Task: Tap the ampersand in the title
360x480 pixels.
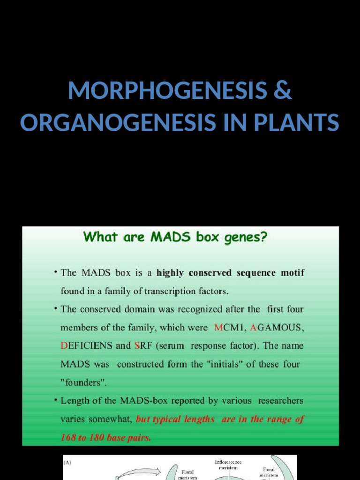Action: point(282,91)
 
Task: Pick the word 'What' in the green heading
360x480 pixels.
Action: point(99,237)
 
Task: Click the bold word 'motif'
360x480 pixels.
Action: point(291,273)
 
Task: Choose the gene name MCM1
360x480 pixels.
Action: point(229,328)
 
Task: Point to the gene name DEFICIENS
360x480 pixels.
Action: point(87,346)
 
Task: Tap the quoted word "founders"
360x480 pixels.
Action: point(84,382)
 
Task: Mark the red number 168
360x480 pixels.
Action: point(69,438)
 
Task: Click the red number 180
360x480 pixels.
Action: point(95,438)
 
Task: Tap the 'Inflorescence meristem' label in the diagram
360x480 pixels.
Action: point(228,465)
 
